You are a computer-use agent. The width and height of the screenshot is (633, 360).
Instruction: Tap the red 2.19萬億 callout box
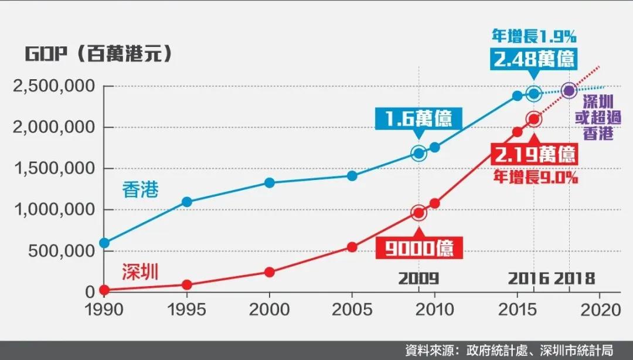coord(535,155)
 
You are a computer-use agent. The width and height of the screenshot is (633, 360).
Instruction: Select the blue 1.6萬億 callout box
coord(418,120)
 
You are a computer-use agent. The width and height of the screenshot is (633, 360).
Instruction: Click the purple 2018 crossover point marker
coord(568,91)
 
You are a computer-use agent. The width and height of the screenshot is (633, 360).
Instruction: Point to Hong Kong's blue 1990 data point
coord(104,243)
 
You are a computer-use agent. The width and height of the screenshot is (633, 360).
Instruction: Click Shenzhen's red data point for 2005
coord(352,247)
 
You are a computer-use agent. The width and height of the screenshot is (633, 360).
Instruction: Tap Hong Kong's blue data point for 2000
coord(270,183)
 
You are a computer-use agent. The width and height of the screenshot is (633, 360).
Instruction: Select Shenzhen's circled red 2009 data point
coord(418,213)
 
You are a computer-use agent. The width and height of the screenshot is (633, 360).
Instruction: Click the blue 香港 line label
coord(140,190)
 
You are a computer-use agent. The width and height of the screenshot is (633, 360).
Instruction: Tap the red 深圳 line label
coord(140,272)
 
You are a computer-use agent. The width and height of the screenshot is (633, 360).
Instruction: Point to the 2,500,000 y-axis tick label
coord(53,86)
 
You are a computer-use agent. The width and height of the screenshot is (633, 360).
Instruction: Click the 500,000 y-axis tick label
coord(62,250)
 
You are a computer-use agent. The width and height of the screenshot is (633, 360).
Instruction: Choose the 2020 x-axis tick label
coord(600,310)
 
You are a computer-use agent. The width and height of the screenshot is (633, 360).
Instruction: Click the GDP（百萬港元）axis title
coord(100,54)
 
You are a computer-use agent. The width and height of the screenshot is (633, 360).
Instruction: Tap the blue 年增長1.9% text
coord(533,36)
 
